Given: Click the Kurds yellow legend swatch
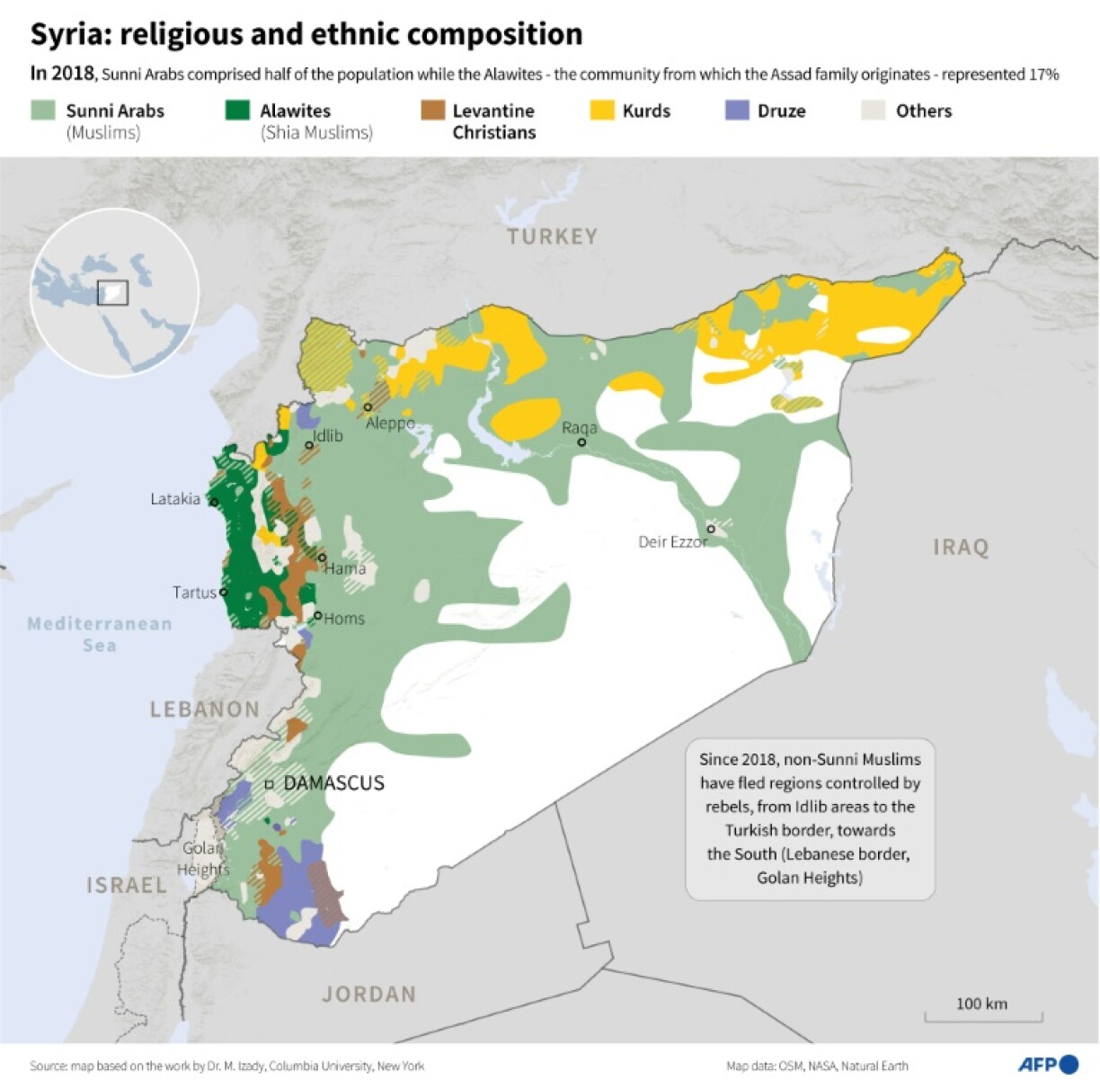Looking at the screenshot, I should (602, 111).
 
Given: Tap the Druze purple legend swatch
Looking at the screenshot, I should (737, 111).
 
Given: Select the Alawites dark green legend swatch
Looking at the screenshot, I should (237, 111).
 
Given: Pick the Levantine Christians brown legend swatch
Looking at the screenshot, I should (432, 111).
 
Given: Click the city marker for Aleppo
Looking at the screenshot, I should (368, 407).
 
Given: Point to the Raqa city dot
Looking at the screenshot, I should (581, 442).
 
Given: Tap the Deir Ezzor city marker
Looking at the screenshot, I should (711, 529).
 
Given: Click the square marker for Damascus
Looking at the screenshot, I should (269, 784).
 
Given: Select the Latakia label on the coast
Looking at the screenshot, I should (175, 499).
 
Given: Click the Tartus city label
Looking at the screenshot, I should (194, 593).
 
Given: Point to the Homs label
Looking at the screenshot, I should (344, 619).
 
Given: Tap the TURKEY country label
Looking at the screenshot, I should (552, 237).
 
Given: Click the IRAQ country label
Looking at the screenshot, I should (961, 547).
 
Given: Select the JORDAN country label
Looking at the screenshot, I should (369, 994).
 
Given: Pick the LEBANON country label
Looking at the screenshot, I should (204, 710).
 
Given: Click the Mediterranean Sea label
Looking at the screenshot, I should (100, 634).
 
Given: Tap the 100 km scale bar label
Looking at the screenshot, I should (981, 1004).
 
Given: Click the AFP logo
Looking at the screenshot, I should (1048, 1065).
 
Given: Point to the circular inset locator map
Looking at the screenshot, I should (114, 291).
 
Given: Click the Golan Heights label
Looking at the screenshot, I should (203, 859).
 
